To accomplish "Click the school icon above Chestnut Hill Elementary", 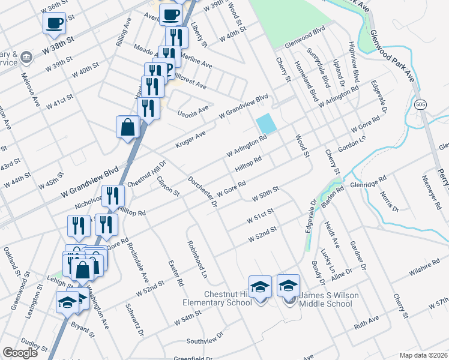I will pyautogui.click(x=260, y=286).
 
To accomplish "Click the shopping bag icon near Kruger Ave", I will pyautogui.click(x=128, y=127).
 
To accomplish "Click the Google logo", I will pyautogui.click(x=20, y=353).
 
